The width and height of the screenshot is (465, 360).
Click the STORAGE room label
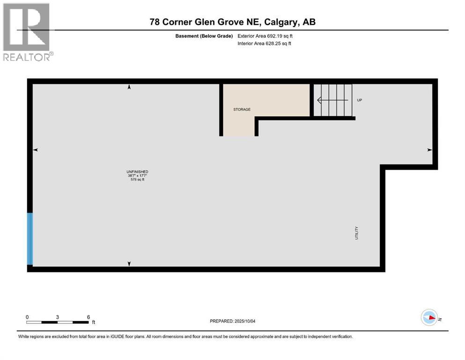[x=242, y=109]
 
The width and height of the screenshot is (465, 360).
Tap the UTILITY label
[x=356, y=233]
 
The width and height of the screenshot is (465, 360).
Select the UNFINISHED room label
[x=137, y=172]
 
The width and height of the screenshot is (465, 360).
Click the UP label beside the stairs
[x=360, y=100]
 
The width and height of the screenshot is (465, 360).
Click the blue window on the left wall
[x=30, y=239]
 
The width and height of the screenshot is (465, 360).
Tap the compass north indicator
[x=429, y=318]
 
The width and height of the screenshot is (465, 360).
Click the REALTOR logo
[x=27, y=32]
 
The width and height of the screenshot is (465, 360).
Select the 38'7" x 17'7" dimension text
[x=137, y=176]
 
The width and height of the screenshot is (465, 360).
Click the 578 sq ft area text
[x=137, y=180]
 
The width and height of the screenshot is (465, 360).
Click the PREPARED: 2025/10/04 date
[x=232, y=321]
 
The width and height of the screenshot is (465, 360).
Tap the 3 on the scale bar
[x=57, y=317]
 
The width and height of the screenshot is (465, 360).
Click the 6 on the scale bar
[x=88, y=317]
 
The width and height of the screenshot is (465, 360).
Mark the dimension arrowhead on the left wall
[x=35, y=150]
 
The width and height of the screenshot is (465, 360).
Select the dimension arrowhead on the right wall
[x=429, y=150]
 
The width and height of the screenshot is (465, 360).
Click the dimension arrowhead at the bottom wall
[x=129, y=264]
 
